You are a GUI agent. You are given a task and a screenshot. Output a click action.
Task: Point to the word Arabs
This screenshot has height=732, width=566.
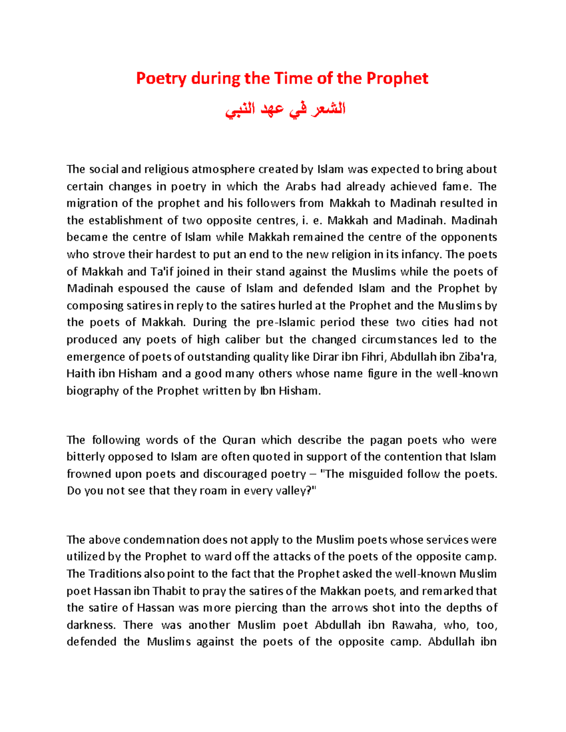300,186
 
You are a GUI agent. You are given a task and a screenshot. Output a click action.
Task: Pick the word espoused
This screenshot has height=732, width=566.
143,288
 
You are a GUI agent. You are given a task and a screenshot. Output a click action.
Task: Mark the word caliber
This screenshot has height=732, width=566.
241,339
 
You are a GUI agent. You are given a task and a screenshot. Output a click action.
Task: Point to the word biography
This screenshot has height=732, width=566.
92,391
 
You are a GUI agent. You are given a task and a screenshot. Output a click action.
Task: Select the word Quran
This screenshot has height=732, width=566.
239,440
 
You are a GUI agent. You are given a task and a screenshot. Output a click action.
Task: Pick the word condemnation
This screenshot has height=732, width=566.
155,540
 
